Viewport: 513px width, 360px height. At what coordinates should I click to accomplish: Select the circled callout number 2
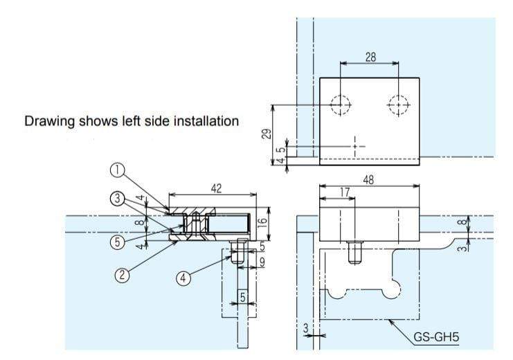121,274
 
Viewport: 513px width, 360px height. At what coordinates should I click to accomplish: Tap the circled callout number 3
119,199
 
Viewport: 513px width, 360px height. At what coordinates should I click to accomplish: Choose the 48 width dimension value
370,179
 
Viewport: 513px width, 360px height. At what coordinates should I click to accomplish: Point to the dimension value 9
262,262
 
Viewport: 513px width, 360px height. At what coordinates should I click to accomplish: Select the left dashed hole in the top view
341,105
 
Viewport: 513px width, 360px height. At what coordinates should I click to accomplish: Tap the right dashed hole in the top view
399,105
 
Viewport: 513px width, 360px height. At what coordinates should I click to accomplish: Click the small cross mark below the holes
355,146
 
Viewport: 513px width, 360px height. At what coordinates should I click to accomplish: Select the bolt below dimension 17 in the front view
353,253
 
